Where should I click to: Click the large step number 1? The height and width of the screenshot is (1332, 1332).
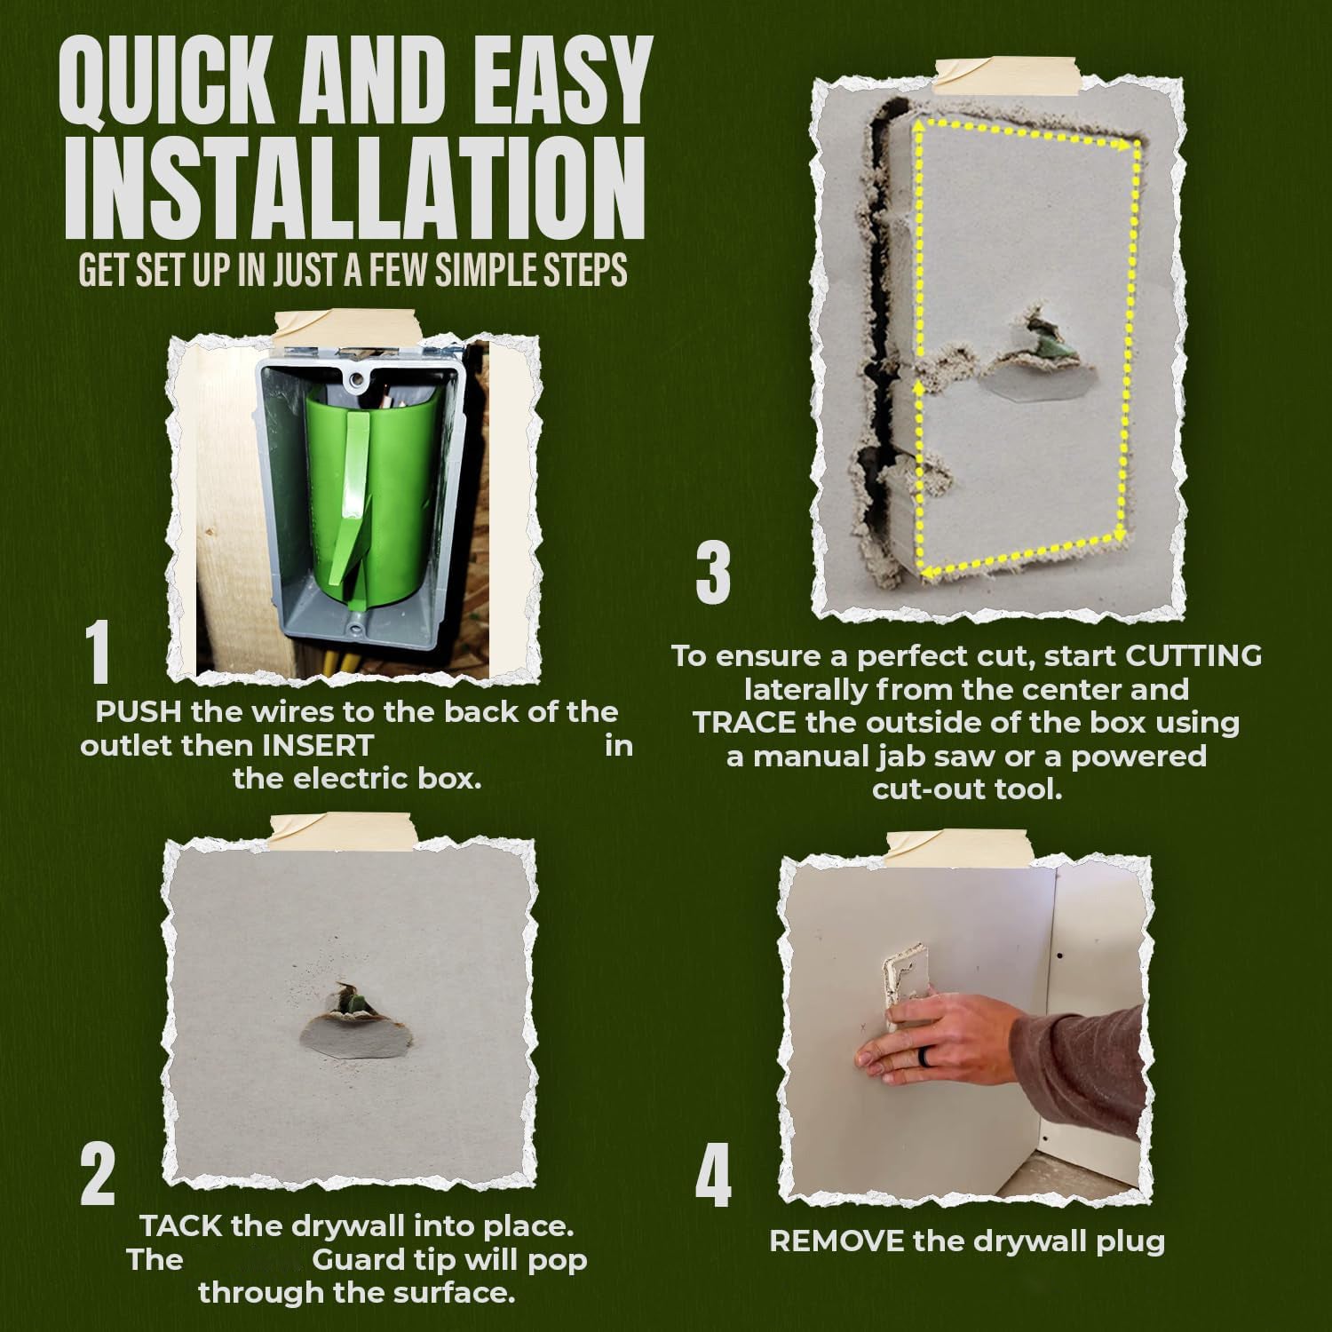(99, 654)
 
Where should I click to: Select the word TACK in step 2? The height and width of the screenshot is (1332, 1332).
(181, 1226)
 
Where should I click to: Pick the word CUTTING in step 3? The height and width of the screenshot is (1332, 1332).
(1193, 656)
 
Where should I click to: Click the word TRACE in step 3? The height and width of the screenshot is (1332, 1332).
(744, 723)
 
